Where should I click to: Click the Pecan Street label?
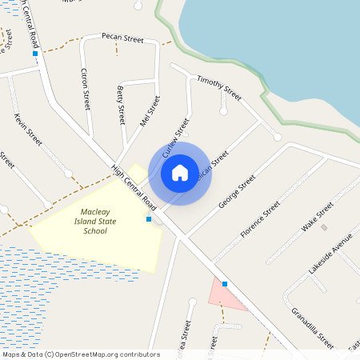pyautogui.click(x=122, y=37)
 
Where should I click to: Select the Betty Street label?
pyautogui.click(x=122, y=103)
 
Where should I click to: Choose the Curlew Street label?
pyautogui.click(x=174, y=138)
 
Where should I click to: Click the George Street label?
pyautogui.click(x=236, y=192)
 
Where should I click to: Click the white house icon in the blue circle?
pyautogui.click(x=180, y=173)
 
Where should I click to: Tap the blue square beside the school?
pyautogui.click(x=149, y=218)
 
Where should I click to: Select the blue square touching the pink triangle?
pyautogui.click(x=225, y=284)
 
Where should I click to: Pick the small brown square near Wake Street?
pyautogui.click(x=324, y=228)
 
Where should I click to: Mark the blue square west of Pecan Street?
pyautogui.click(x=35, y=54)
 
